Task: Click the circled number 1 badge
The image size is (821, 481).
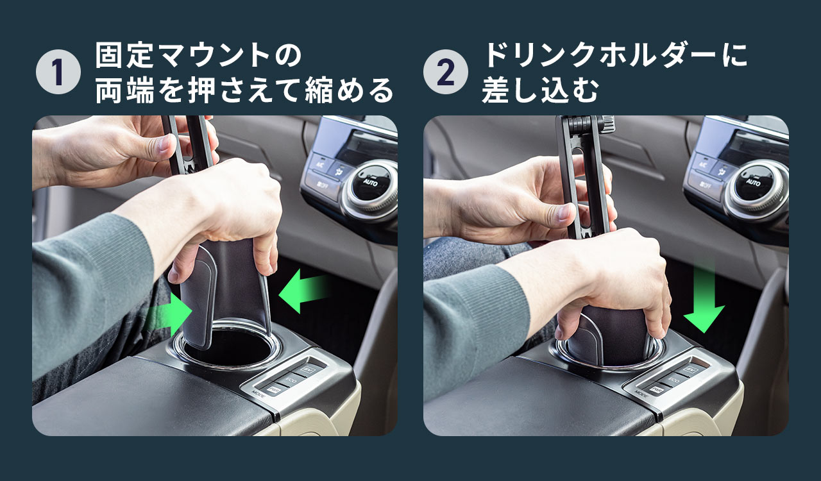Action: (58, 72)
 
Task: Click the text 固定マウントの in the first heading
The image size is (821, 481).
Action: (198, 56)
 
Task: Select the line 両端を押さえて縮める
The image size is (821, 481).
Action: (244, 91)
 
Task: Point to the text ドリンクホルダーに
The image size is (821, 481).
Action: (615, 56)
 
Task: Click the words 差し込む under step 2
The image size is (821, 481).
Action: (540, 91)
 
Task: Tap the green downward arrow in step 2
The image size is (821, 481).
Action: (704, 301)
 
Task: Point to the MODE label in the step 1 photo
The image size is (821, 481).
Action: (259, 394)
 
